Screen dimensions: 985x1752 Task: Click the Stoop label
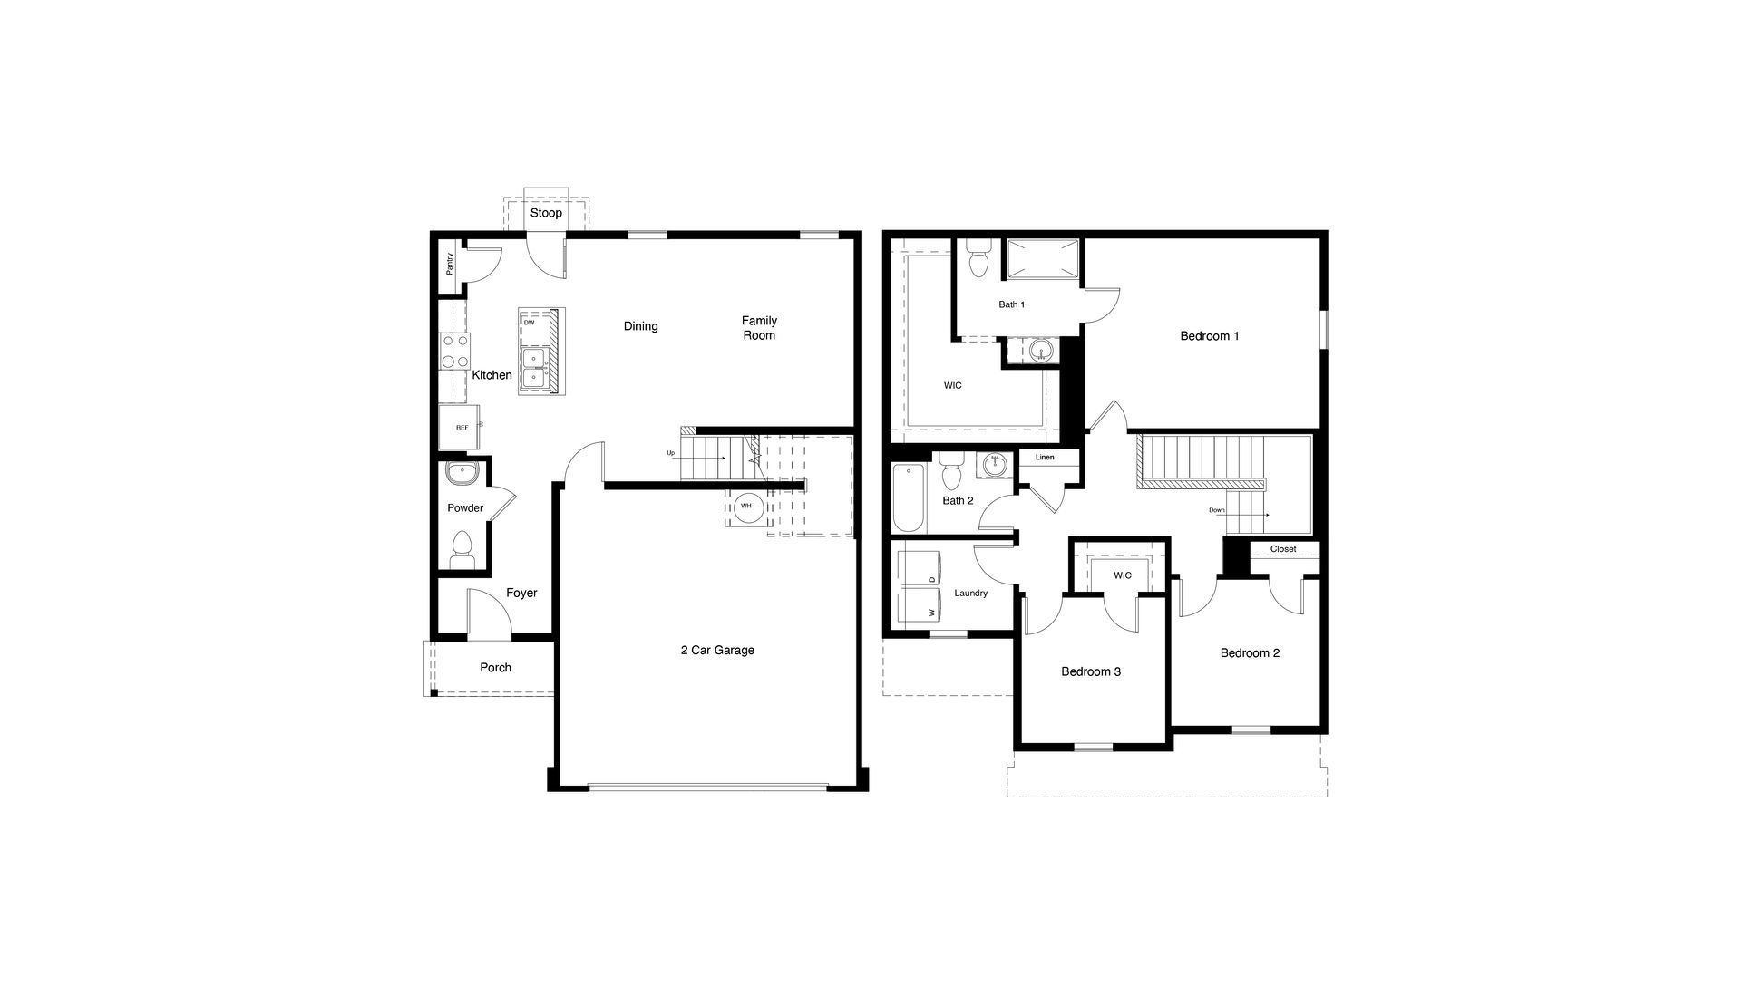[x=546, y=213]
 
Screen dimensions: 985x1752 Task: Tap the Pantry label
[x=450, y=264]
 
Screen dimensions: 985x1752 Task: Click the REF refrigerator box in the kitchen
[x=462, y=428]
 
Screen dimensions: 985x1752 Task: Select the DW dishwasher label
[x=529, y=323]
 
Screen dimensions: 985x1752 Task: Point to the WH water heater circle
[x=746, y=507]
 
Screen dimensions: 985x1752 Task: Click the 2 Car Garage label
[x=717, y=650]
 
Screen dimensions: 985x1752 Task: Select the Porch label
[x=495, y=668]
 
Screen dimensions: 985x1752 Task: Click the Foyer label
[x=521, y=594]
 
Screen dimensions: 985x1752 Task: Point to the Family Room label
[x=759, y=328]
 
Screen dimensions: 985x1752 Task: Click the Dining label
[x=640, y=326]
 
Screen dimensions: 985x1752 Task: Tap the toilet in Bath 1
[x=978, y=261]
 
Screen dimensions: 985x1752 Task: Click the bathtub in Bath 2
[x=909, y=498]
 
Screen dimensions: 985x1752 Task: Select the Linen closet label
[x=1045, y=458]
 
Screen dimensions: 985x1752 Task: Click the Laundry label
[x=971, y=594]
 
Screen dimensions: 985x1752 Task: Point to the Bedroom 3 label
[x=1091, y=671]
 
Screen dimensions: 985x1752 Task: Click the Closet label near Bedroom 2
[x=1283, y=549]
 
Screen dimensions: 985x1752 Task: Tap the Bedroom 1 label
[x=1210, y=336]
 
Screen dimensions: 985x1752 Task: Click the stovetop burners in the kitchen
[x=455, y=352]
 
